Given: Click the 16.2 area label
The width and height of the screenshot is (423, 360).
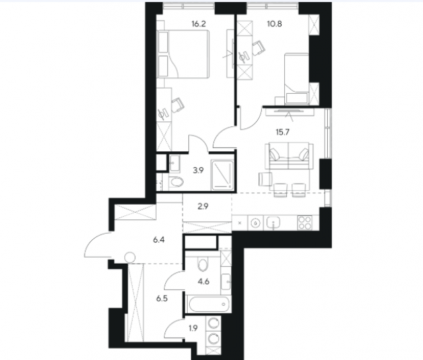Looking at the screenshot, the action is [x=198, y=24].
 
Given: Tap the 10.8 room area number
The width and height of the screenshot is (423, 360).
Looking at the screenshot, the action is [x=274, y=24].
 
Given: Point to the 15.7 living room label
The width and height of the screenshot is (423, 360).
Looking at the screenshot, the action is [x=282, y=132].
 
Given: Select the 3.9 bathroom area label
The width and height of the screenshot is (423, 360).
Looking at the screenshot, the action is [x=198, y=170].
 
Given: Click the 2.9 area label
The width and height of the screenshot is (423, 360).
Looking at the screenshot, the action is [x=203, y=207].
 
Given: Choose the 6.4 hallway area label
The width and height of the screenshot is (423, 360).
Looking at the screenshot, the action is [x=159, y=240].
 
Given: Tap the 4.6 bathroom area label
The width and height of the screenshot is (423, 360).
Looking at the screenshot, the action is [x=204, y=282].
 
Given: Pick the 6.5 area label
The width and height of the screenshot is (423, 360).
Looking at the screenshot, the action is [x=162, y=299].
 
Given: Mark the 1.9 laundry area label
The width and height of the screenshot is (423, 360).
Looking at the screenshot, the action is [x=194, y=328].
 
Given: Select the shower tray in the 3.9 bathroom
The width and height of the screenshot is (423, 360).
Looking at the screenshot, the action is [x=222, y=175].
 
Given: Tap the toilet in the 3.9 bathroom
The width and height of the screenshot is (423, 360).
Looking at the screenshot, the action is [x=176, y=182].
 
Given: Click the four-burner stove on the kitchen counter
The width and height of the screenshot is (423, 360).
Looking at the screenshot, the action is [x=305, y=223].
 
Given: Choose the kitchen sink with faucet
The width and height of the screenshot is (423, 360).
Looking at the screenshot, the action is [x=273, y=223].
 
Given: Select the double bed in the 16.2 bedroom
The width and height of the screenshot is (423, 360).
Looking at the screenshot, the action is [x=183, y=54].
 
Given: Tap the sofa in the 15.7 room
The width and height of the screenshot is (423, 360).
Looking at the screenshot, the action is [x=289, y=157].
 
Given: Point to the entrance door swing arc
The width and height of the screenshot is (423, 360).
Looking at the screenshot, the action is [x=93, y=239].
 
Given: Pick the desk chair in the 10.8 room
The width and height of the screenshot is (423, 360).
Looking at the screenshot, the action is [x=258, y=48].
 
